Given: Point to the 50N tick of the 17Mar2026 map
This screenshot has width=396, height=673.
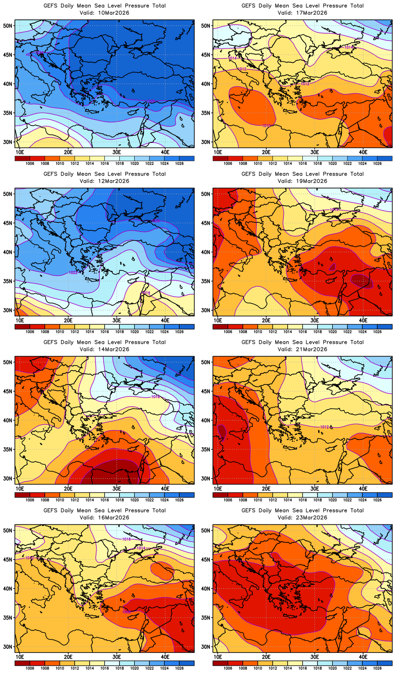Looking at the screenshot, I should [206, 25].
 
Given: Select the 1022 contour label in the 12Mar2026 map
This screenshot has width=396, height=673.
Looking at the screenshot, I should [73, 272].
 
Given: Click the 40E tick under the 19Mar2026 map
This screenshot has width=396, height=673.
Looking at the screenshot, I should [363, 320].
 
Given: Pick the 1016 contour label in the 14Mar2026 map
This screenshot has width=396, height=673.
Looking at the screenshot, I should [155, 397].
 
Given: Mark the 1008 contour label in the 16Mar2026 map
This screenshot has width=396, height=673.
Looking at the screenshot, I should [127, 612].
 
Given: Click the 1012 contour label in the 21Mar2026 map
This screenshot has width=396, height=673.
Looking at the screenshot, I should [325, 427].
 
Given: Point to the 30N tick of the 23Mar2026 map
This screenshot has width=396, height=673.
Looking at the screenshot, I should [206, 647].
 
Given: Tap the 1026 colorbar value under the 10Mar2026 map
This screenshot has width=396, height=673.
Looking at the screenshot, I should [179, 164].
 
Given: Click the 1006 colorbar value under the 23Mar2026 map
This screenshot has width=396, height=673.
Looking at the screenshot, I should [228, 668].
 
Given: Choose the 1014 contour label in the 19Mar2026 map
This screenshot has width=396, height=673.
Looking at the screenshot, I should [334, 210].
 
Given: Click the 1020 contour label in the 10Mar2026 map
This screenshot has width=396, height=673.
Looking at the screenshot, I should [151, 101].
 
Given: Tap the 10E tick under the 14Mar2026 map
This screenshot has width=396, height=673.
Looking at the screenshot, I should [20, 489].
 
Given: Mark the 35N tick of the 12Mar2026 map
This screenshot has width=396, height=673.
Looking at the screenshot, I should [8, 281].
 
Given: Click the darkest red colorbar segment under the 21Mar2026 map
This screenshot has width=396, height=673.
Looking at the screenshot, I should [220, 495].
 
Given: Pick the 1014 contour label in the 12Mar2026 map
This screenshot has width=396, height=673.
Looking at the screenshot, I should [146, 293].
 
